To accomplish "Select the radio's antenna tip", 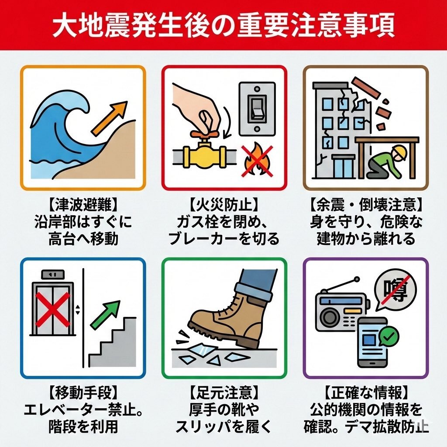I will coord(358,278).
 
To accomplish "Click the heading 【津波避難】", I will coord(83,204).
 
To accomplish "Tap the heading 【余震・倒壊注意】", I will coord(366,204).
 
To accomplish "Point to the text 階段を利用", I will coord(83,426).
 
